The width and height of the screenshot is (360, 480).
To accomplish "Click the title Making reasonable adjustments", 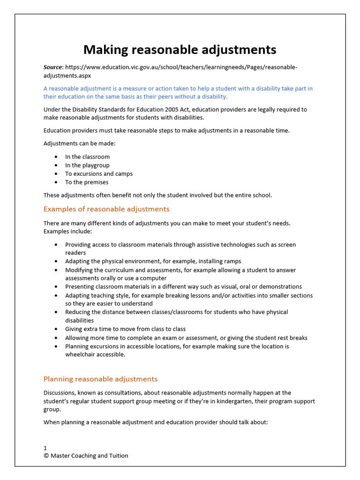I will tap(180, 50).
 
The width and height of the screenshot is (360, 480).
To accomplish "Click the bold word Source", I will tap(52, 67).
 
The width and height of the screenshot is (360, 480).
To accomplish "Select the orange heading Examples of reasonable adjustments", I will tap(106, 209).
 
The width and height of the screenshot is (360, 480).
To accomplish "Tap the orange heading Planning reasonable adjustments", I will tap(100, 379).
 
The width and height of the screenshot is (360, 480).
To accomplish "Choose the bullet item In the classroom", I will tap(87, 157).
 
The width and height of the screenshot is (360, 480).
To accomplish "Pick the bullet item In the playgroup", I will tap(87, 165).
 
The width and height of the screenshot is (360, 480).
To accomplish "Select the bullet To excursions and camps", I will tap(98, 174).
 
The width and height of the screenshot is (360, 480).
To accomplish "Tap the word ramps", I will tap(232, 262).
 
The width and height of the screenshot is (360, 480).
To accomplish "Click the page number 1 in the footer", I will tap(45, 448).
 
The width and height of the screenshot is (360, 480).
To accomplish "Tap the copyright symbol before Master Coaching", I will tap(46, 456).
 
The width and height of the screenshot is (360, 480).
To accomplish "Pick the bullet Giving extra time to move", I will tap(125, 329).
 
